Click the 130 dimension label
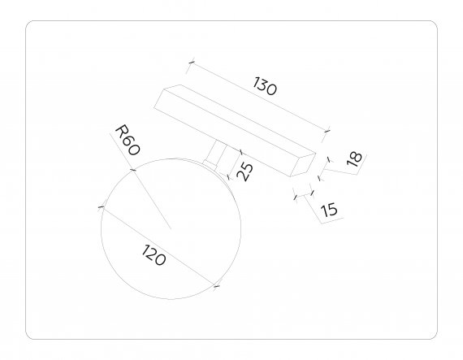click(x=265, y=86)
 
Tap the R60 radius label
click(x=128, y=140)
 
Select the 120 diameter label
click(x=154, y=255)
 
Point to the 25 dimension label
click(x=245, y=171)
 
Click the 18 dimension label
click(x=354, y=159)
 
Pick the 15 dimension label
click(x=329, y=210)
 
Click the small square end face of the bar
click(x=303, y=165)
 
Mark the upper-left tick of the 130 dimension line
click(x=192, y=62)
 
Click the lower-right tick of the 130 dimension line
click(x=327, y=131)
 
